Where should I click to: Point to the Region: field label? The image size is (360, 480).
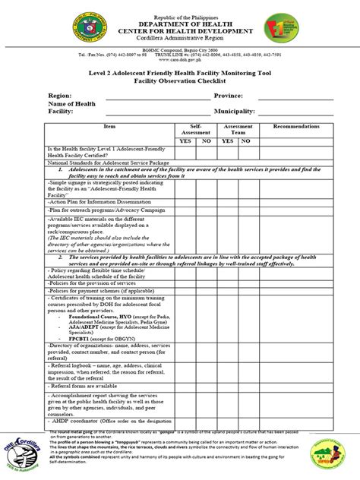tap(39, 96)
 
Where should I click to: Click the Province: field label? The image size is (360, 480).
tap(229, 96)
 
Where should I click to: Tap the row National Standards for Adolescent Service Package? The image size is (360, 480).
tap(99, 162)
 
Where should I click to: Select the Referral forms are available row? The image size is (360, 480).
tap(84, 385)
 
